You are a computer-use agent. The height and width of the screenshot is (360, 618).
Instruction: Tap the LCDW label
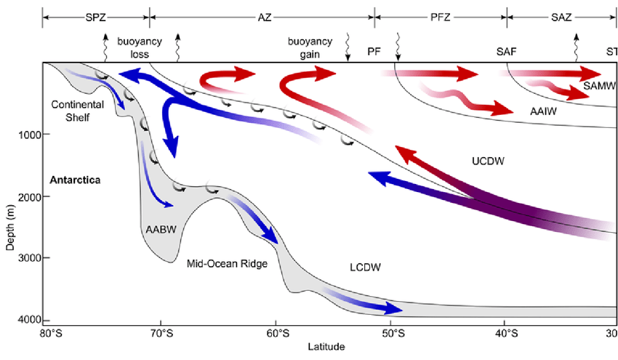tap(364, 268)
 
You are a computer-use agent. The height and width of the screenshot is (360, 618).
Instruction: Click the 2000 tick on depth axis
tap(28, 196)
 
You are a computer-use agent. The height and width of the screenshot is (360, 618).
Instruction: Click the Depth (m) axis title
tap(9, 218)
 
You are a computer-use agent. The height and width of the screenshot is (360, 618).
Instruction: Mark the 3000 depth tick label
tap(28, 258)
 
